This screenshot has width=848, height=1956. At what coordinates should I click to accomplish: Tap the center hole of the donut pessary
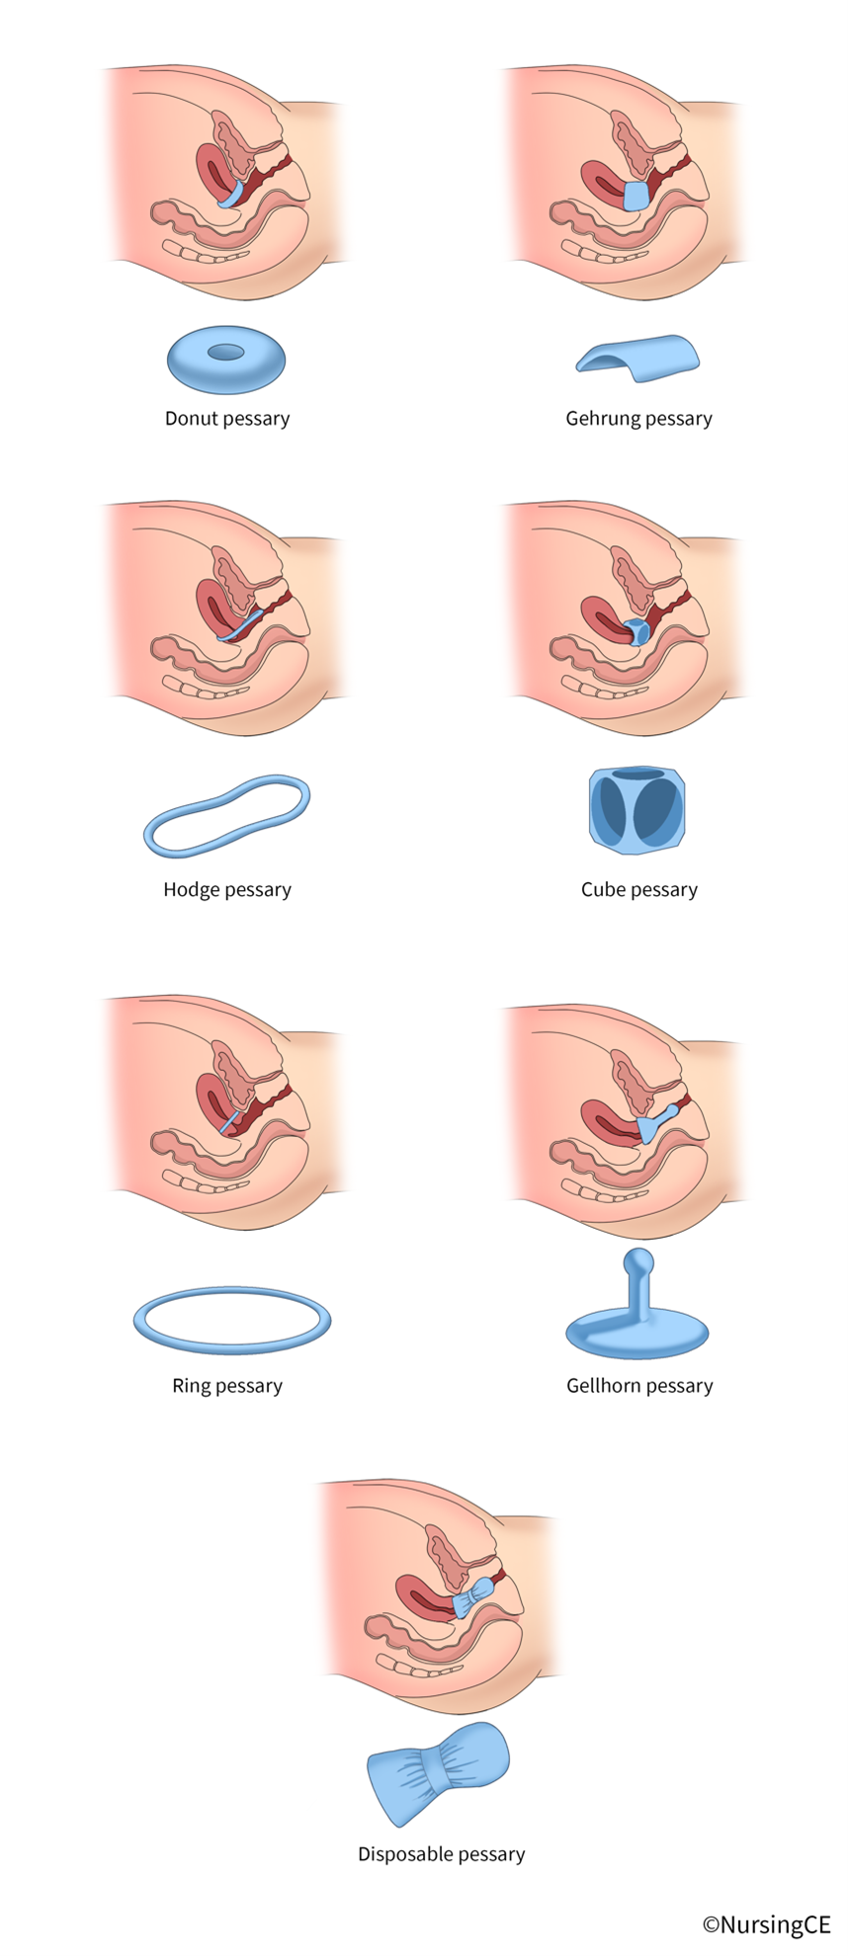pos(226,352)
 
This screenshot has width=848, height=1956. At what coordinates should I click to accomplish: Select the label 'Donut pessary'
pos(227,419)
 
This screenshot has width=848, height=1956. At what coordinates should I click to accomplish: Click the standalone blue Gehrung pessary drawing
pos(641,357)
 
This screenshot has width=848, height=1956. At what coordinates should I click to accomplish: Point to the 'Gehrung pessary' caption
pos(638,419)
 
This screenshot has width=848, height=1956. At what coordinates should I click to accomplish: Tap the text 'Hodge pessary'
pos(227,890)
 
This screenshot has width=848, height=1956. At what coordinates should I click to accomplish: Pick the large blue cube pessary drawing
pos(637,811)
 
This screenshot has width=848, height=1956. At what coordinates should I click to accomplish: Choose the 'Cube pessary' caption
pos(638,890)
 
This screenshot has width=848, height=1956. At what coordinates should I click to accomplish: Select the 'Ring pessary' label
pos(227,1386)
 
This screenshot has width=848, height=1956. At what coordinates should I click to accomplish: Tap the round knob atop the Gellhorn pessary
pos(638,1262)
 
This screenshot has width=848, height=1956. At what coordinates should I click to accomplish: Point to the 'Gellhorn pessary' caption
pos(639,1386)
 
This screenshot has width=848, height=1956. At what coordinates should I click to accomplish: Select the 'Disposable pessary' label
pos(441,1854)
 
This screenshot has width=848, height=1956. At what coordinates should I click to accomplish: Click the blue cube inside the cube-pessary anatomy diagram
pos(636,630)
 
